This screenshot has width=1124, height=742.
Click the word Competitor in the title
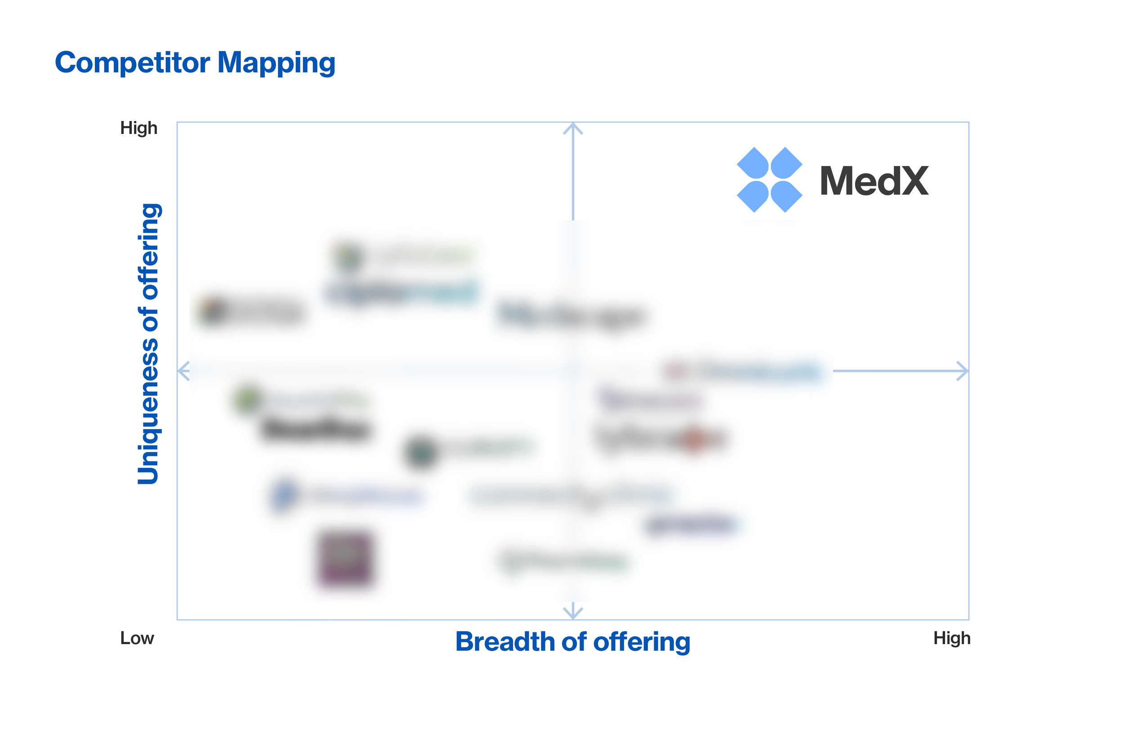click(133, 63)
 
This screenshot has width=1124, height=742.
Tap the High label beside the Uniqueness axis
click(138, 128)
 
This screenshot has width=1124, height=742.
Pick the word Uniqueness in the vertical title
click(148, 411)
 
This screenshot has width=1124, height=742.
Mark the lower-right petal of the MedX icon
click(786, 196)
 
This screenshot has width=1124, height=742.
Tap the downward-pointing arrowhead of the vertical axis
click(573, 612)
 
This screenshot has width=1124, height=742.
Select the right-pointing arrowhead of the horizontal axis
click(963, 371)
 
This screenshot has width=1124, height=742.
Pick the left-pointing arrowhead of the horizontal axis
click(183, 371)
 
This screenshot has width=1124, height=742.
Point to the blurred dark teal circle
click(420, 452)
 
